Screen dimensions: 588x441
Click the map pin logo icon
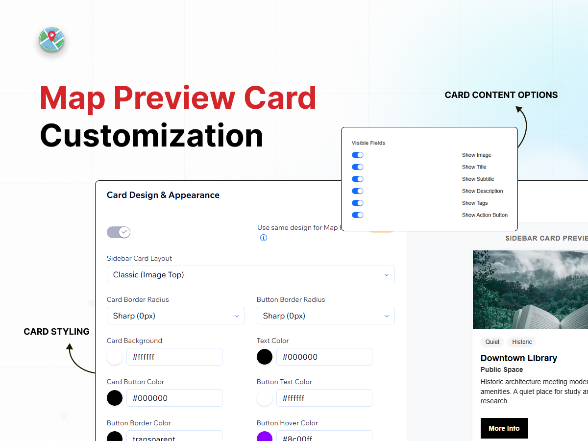click(x=52, y=39)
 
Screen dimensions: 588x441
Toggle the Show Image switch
click(x=357, y=155)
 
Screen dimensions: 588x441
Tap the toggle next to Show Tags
click(x=357, y=203)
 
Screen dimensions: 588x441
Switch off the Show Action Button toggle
click(x=357, y=215)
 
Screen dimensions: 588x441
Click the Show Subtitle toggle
click(x=357, y=179)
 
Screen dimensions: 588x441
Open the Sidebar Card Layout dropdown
click(x=251, y=274)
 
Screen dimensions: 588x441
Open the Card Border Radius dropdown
click(x=176, y=316)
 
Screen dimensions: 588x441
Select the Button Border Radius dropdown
click(x=326, y=316)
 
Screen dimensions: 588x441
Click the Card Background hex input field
click(x=174, y=357)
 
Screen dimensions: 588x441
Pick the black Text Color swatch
click(x=265, y=357)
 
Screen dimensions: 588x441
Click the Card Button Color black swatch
click(x=115, y=398)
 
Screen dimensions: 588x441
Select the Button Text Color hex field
click(x=324, y=398)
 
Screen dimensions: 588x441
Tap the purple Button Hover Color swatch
click(x=265, y=437)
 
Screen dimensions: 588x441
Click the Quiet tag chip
click(x=492, y=342)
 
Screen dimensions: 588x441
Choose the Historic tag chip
click(x=522, y=342)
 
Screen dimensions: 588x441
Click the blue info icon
click(x=264, y=238)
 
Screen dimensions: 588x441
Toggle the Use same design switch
click(x=119, y=232)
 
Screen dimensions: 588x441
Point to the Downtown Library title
click(x=518, y=358)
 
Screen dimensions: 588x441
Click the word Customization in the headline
click(x=151, y=136)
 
